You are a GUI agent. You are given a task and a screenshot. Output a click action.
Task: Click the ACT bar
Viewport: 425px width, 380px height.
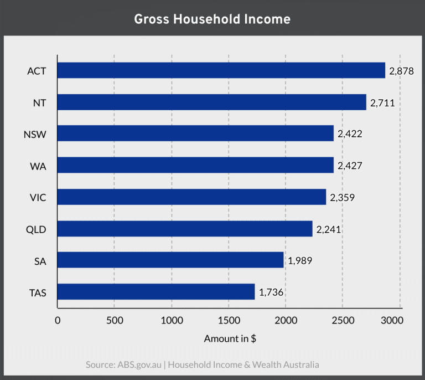(221, 70)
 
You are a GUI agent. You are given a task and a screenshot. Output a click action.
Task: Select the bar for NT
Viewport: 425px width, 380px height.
(212, 102)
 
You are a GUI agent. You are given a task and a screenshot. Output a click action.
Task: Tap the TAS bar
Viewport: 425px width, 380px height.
(156, 291)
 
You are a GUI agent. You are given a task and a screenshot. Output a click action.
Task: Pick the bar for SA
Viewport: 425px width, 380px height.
(170, 260)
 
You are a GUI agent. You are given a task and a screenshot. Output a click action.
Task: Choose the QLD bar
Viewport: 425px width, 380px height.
(185, 228)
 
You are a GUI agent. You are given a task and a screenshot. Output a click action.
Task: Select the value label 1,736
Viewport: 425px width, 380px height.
(271, 292)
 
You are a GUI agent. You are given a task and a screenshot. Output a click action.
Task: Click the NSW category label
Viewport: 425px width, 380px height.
(36, 133)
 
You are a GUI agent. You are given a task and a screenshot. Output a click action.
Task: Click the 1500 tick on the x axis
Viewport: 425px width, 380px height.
(228, 320)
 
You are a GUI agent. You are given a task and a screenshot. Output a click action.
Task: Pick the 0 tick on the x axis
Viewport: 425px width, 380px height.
(58, 320)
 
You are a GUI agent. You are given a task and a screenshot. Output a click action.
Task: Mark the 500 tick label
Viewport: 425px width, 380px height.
(114, 320)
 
